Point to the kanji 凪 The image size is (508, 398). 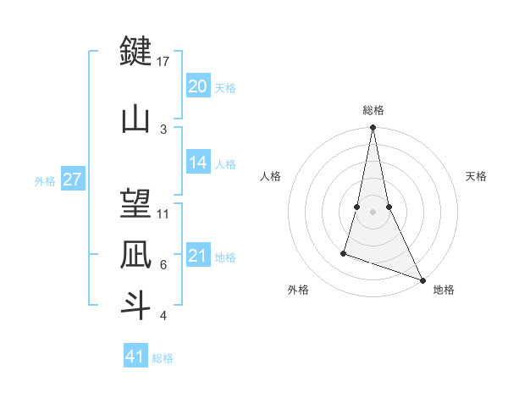point(135,254)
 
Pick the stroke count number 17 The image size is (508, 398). point(163,62)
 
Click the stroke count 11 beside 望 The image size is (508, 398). point(163,213)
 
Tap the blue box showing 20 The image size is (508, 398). point(197,86)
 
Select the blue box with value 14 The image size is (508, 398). point(197,163)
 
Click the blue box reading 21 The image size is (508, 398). point(197,256)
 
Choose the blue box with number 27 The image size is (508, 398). point(73,180)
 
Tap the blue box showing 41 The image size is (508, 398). point(135,357)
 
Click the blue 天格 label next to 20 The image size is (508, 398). point(225,87)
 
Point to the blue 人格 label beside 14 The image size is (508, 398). point(225,164)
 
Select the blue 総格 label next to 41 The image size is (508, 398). point(163,358)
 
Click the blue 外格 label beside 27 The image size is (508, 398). point(45,181)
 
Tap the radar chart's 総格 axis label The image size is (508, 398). point(373,110)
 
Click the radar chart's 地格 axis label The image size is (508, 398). point(444,290)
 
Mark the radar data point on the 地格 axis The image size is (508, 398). point(422,280)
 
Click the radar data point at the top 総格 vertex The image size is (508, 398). point(373,128)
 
